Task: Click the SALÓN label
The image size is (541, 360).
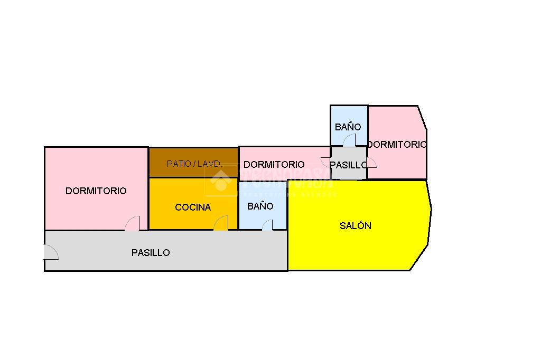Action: [355, 226]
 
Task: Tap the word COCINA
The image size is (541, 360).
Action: [193, 207]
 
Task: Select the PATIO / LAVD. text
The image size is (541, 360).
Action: [193, 164]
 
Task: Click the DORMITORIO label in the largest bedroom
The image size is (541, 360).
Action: [96, 191]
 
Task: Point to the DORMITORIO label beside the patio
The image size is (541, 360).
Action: [274, 165]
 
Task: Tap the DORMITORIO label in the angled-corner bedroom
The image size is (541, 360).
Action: [397, 144]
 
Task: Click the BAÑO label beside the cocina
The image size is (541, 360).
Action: [260, 206]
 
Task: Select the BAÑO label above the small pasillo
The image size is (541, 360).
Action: [348, 127]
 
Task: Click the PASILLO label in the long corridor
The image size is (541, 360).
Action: [151, 253]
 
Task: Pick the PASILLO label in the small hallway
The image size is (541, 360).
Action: [348, 165]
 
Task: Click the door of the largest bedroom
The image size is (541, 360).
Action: [133, 224]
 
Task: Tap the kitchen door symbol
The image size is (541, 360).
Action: [221, 224]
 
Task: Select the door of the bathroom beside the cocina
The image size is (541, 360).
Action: [267, 225]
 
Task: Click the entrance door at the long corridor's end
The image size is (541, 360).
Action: [51, 253]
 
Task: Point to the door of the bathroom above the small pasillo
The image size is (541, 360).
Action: [349, 140]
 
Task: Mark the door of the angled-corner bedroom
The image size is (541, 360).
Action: [371, 163]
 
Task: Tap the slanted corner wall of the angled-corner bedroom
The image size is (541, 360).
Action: [423, 117]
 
